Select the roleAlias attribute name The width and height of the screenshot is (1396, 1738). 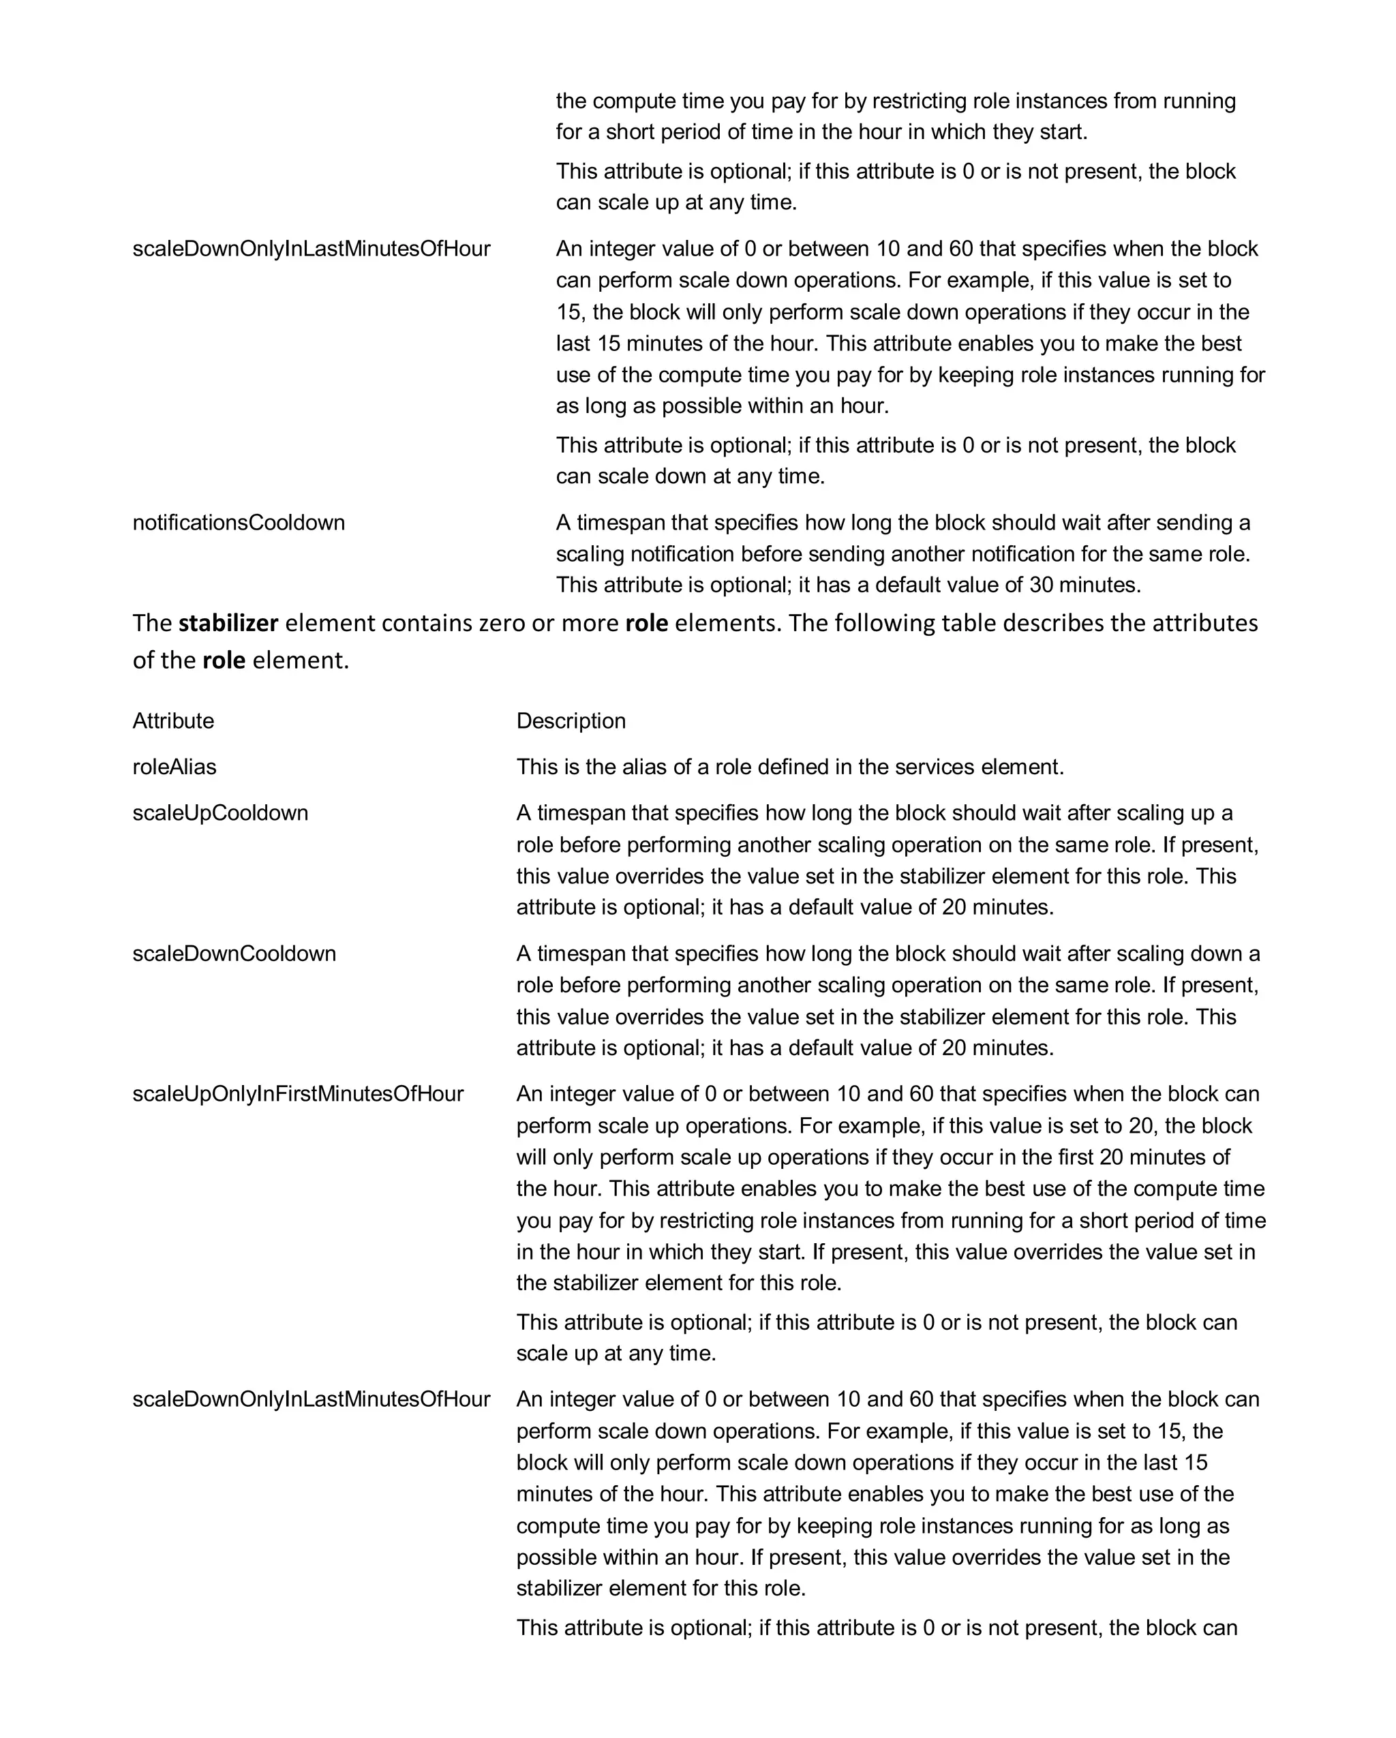[x=174, y=766]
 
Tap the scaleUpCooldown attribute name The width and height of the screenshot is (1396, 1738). [x=220, y=812]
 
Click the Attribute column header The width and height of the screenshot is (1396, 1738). [x=173, y=720]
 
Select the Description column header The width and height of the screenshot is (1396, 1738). [x=571, y=720]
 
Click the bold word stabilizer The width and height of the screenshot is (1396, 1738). [x=228, y=623]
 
